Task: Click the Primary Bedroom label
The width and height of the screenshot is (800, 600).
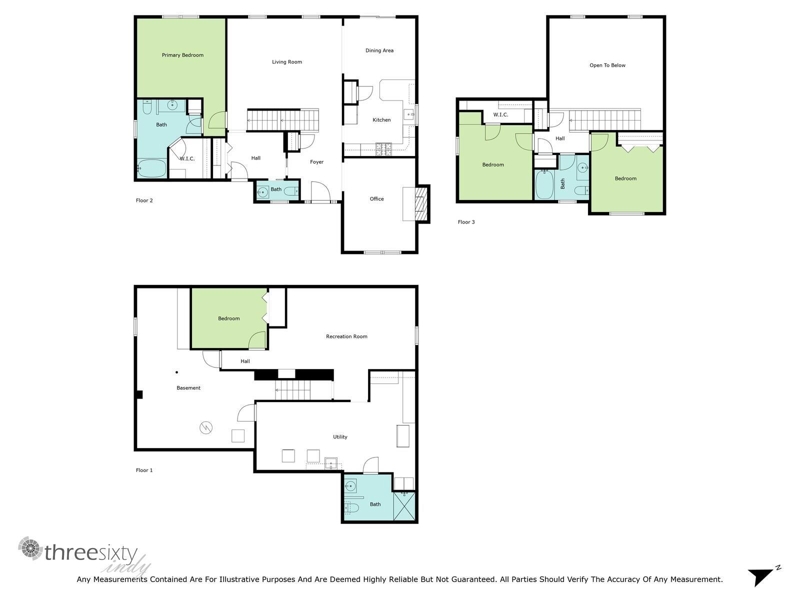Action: (x=182, y=55)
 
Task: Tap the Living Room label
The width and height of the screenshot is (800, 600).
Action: (x=287, y=62)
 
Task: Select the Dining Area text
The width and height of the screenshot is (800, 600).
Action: (x=379, y=50)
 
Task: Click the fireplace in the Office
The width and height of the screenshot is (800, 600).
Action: (x=423, y=203)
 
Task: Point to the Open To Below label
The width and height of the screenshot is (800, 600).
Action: (x=607, y=65)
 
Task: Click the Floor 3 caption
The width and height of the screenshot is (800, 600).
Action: (x=466, y=222)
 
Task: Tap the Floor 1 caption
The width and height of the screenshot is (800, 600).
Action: (x=144, y=470)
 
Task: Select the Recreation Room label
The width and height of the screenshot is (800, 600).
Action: (x=346, y=336)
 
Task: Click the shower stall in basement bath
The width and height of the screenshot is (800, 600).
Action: (x=404, y=506)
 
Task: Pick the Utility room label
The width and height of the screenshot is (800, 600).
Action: (x=340, y=437)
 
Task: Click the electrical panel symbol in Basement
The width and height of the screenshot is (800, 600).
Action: (x=206, y=427)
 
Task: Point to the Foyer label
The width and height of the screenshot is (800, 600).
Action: (x=316, y=162)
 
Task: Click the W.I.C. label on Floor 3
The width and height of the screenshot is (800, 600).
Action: (x=500, y=115)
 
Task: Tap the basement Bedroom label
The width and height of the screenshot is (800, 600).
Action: (x=229, y=318)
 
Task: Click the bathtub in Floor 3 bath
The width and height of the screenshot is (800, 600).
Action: (x=544, y=185)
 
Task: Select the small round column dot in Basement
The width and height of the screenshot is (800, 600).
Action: (x=176, y=372)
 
